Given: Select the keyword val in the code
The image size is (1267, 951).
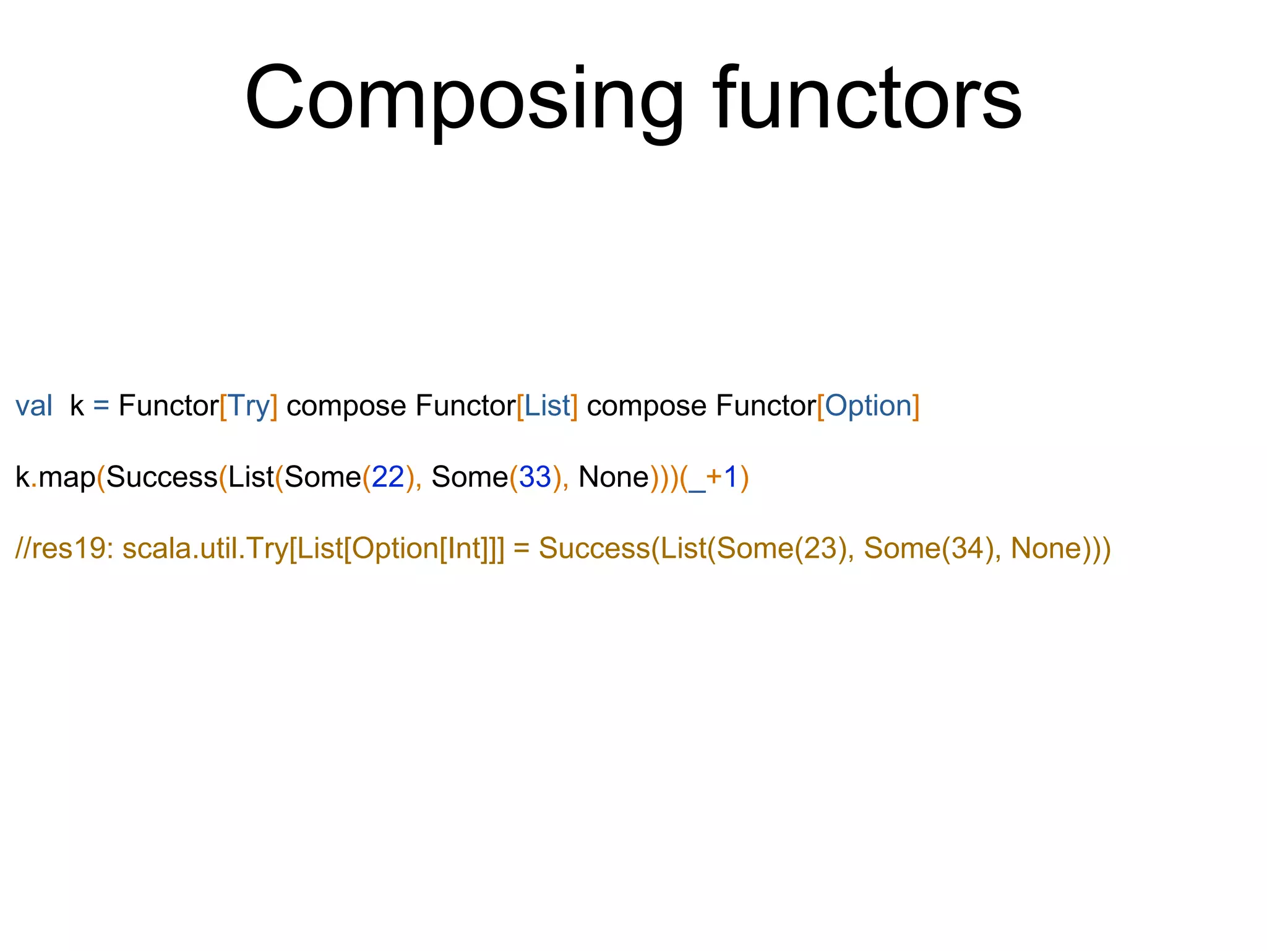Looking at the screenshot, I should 33,406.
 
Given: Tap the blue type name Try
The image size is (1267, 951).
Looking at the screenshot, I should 249,406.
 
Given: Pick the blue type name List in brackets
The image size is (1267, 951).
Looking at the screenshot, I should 547,406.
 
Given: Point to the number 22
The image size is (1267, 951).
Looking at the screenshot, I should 388,477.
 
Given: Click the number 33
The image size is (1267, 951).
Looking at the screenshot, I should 535,477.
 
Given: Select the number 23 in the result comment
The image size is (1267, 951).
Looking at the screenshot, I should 820,549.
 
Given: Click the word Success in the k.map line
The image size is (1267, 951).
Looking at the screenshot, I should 161,477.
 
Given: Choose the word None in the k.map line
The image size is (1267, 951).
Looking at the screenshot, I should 614,477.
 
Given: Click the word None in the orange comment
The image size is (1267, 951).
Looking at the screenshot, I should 1046,549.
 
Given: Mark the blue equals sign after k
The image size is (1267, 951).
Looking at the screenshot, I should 101,406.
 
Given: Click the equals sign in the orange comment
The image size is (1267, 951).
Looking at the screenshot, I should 522,549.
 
